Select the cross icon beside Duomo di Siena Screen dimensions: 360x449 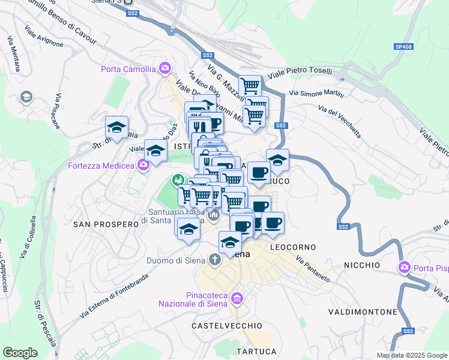(x=214, y=260)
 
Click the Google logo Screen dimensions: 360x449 (x=20, y=353)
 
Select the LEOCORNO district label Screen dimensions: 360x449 (x=293, y=247)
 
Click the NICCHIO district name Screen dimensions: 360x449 (x=362, y=265)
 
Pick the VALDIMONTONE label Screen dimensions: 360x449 (x=363, y=312)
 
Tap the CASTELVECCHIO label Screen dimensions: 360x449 (x=227, y=325)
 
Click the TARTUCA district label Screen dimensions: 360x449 (x=256, y=351)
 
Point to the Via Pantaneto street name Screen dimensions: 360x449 (x=313, y=268)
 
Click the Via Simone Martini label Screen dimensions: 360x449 (x=316, y=93)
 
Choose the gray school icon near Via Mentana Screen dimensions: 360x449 (x=26, y=97)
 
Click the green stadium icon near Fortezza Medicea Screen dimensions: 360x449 (x=178, y=179)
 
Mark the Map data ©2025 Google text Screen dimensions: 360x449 (x=411, y=355)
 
